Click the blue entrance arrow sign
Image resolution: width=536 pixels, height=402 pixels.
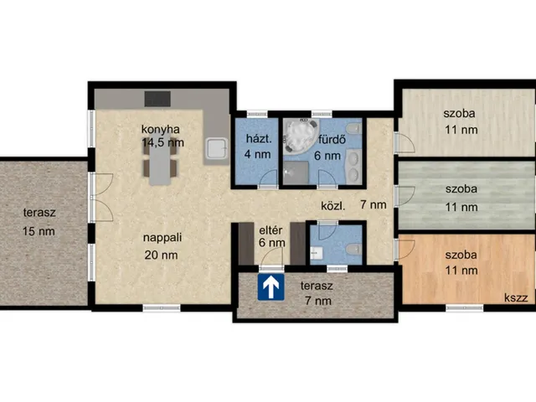[271, 287]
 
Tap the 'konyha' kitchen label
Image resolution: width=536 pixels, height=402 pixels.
[160, 130]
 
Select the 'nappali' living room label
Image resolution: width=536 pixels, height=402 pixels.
[162, 238]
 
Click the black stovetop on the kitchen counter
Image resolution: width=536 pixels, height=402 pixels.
[157, 99]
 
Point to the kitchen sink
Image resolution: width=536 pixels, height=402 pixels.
[216, 148]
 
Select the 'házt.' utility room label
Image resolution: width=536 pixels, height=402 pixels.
[259, 139]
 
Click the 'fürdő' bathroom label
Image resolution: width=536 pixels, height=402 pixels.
[332, 139]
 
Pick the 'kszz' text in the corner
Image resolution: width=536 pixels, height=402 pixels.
[516, 298]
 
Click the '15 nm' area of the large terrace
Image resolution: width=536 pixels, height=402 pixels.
[39, 231]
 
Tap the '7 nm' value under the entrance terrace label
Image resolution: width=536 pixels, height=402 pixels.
[318, 301]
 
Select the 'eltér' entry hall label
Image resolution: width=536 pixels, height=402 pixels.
[271, 230]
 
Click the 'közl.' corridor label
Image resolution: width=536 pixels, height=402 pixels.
[333, 206]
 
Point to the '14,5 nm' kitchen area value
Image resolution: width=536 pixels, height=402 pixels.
[163, 142]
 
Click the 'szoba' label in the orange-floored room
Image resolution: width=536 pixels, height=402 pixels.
[461, 255]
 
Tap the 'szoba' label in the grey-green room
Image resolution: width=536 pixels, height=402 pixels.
[461, 188]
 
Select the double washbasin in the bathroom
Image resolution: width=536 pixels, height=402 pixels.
[353, 166]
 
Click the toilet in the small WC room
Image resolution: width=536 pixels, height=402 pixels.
[353, 249]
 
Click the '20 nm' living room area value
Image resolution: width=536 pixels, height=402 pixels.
[161, 255]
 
